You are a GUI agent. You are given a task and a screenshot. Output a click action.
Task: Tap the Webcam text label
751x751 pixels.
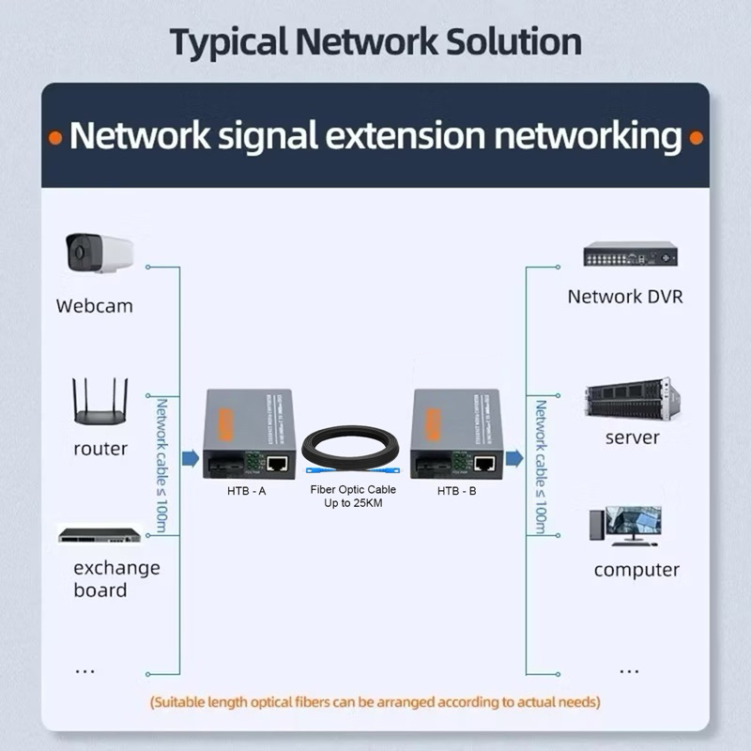(x=94, y=306)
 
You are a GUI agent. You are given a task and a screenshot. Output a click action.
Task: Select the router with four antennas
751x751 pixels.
(x=100, y=405)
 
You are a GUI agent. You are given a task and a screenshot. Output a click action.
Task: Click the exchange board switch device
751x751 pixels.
(x=100, y=536)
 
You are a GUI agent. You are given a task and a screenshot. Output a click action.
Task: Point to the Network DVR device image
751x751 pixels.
(x=630, y=254)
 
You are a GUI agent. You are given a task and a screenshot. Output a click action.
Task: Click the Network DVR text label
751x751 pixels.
(x=625, y=297)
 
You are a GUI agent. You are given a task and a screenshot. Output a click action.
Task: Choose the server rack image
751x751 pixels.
(x=630, y=400)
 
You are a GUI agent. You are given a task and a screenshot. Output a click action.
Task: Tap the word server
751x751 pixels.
(x=632, y=437)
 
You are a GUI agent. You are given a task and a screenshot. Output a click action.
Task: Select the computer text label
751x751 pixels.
(x=636, y=570)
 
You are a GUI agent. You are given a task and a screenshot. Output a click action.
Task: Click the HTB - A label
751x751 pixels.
(x=248, y=491)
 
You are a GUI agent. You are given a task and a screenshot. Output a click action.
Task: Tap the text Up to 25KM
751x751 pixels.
(x=353, y=504)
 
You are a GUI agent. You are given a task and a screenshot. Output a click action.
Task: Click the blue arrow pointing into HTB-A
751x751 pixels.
(x=190, y=458)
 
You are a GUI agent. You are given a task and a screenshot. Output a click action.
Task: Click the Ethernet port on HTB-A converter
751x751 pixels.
(x=277, y=462)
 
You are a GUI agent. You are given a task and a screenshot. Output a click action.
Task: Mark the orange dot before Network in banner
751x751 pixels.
(x=56, y=138)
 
